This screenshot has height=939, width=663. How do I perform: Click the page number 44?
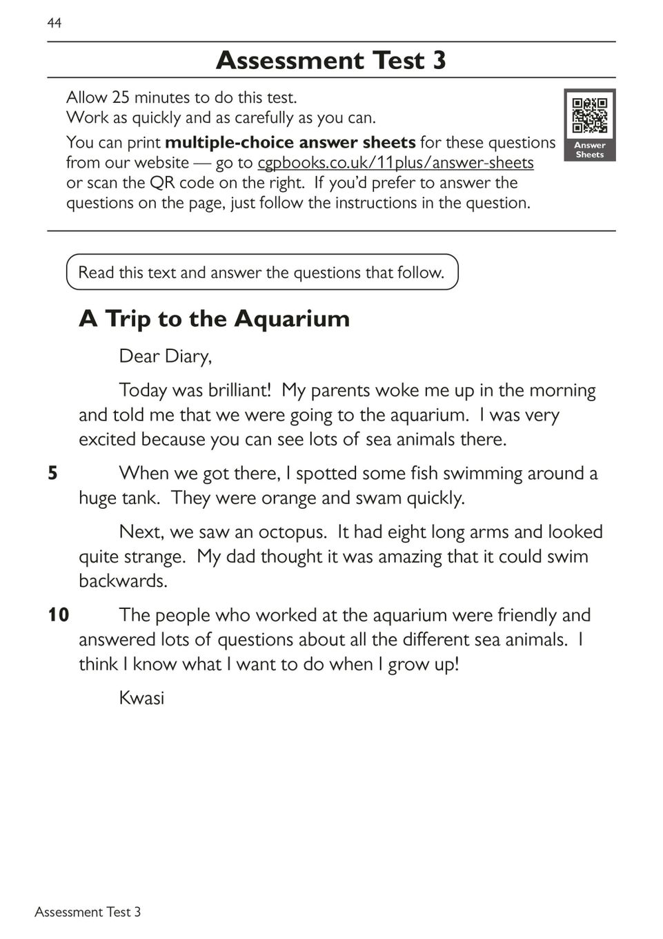[55, 23]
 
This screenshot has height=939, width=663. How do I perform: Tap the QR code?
[590, 115]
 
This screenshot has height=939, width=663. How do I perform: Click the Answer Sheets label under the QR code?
[589, 150]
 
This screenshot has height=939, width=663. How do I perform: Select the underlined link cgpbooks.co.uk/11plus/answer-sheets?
[395, 163]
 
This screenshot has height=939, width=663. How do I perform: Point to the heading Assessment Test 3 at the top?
[331, 61]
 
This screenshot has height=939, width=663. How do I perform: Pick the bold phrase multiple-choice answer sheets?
[290, 143]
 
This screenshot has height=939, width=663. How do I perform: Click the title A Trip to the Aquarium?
[215, 319]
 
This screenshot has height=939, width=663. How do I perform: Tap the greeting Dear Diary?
[166, 356]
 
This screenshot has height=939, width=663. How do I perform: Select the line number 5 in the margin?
[52, 474]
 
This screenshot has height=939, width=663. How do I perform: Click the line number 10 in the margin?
[59, 615]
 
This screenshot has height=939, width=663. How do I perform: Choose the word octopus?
[293, 532]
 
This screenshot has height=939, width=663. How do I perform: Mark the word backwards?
[123, 581]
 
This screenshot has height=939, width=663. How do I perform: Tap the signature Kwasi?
[141, 698]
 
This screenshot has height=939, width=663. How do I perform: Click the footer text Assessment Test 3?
[88, 912]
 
